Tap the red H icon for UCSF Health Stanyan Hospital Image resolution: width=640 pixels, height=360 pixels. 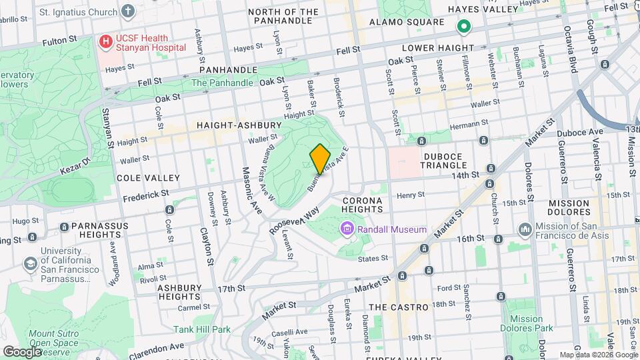(x=105, y=42)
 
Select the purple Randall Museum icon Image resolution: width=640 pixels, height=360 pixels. (x=347, y=230)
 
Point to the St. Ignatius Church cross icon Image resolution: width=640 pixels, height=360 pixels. (x=129, y=11)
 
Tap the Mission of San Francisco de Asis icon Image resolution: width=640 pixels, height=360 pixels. (x=525, y=229)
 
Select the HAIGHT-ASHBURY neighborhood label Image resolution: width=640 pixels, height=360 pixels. (x=229, y=125)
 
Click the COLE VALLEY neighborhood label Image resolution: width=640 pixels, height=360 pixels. (x=148, y=178)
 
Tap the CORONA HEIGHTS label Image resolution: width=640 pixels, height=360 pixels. (x=362, y=205)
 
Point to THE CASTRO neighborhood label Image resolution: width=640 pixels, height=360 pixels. (x=398, y=307)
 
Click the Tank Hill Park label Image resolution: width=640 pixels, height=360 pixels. (x=201, y=329)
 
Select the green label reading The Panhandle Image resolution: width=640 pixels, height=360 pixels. (x=222, y=83)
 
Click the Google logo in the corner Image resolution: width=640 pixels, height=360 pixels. (x=22, y=351)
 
